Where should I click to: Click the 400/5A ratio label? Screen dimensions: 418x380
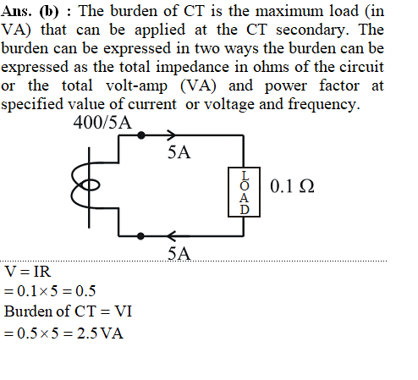(102, 123)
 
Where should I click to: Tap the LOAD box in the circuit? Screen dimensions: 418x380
(244, 192)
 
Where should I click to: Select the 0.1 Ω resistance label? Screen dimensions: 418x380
(292, 186)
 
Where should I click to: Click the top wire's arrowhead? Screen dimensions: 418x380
(171, 135)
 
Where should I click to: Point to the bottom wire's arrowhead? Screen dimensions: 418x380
(171, 236)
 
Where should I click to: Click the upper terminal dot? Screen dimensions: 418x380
(141, 135)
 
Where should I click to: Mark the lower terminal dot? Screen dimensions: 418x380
(140, 236)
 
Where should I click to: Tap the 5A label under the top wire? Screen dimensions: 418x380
(179, 152)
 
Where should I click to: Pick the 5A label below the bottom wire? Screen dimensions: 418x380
(179, 253)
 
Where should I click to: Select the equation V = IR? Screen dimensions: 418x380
(28, 272)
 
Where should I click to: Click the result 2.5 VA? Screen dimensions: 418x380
(100, 333)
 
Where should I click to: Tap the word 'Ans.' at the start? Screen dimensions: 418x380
(16, 11)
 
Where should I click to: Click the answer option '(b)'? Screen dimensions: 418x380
(49, 12)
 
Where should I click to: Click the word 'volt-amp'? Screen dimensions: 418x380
(136, 86)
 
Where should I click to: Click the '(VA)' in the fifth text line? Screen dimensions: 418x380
(198, 86)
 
